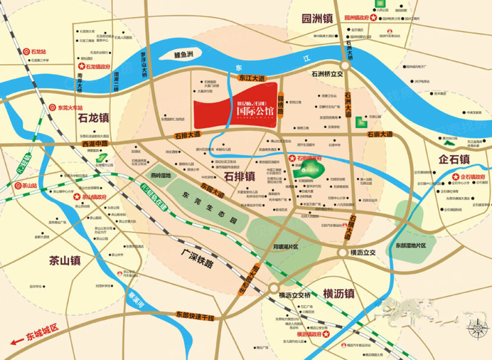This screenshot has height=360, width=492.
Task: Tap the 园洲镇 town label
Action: (x=317, y=19)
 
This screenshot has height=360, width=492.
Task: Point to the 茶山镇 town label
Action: (x=64, y=261)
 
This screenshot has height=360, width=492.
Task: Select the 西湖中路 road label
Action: (x=94, y=144)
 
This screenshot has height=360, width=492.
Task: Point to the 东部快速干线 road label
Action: (x=195, y=316)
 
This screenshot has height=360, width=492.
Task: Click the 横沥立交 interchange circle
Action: (x=342, y=252)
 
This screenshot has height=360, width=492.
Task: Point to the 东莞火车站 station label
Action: (x=70, y=107)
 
